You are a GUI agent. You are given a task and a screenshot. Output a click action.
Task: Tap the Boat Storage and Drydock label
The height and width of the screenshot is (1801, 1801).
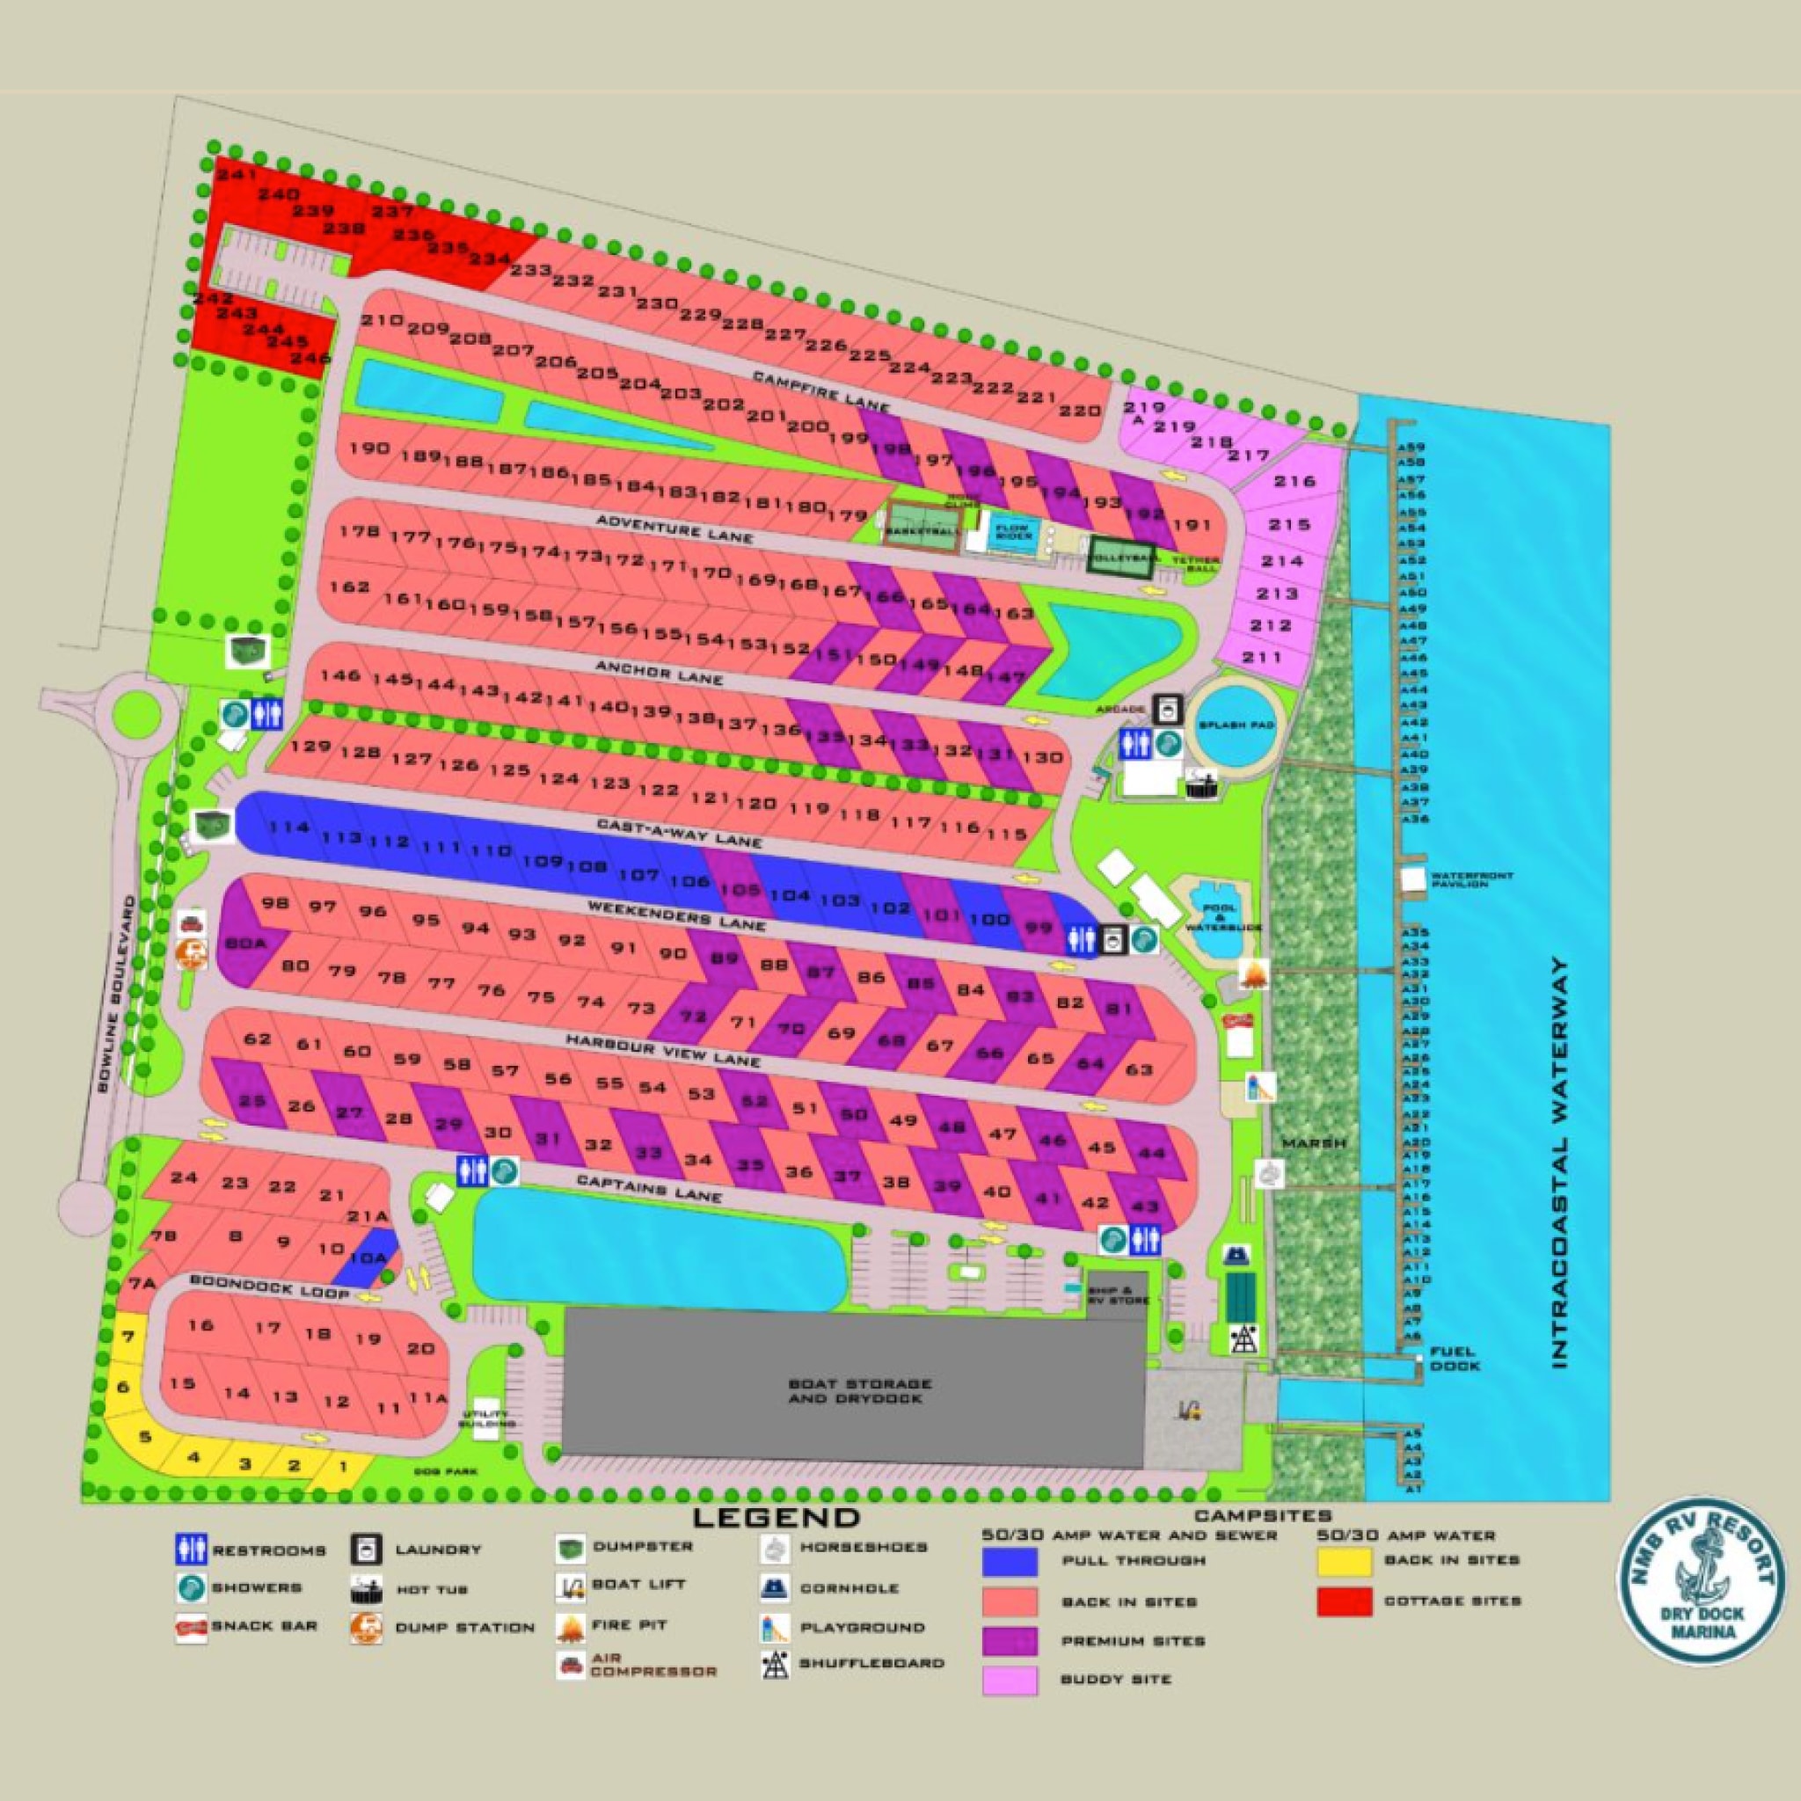point(858,1391)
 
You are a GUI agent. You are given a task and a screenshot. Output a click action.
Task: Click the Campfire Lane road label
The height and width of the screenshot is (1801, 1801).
point(821,391)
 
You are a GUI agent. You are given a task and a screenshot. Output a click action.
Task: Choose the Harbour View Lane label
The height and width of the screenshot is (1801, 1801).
point(663,1049)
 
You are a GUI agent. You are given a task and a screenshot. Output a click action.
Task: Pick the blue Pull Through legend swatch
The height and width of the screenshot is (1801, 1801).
point(1010,1563)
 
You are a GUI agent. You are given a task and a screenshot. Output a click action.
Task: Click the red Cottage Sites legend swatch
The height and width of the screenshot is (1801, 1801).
point(1345,1601)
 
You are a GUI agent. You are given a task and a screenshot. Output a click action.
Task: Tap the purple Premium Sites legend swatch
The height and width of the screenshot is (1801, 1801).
point(1010,1641)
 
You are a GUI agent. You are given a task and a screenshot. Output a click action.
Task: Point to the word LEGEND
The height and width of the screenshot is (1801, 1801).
point(776,1517)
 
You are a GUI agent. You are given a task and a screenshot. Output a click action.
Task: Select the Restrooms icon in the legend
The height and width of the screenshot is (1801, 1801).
point(190,1550)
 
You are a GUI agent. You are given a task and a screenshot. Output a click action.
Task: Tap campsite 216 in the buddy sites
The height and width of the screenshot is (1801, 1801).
point(1294,481)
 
